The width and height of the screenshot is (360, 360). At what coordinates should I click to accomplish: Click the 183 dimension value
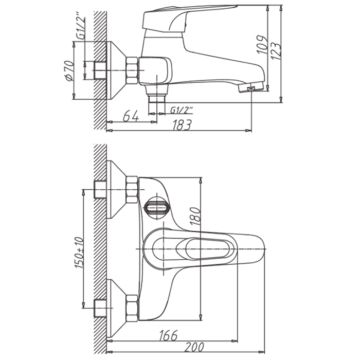tap(182, 125)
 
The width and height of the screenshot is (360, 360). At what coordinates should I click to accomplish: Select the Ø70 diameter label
tap(69, 71)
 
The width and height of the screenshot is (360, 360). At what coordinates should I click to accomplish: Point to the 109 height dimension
tap(262, 45)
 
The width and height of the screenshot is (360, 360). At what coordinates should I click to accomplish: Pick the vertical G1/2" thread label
tap(81, 29)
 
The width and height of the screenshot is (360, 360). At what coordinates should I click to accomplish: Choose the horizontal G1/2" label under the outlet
tap(182, 111)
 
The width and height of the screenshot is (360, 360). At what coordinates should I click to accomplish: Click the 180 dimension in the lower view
tap(195, 216)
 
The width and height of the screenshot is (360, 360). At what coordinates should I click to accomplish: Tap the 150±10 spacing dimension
tap(79, 253)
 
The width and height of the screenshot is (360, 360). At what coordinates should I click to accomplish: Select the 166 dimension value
tap(168, 335)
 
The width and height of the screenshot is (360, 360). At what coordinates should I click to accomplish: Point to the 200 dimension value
tap(194, 347)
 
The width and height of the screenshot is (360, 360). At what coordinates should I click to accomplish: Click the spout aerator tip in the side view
tap(251, 88)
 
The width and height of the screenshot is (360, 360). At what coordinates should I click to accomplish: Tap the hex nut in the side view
tap(132, 70)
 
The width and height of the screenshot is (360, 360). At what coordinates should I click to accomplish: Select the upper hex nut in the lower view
tap(132, 190)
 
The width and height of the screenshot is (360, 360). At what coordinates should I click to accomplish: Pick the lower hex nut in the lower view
tap(132, 308)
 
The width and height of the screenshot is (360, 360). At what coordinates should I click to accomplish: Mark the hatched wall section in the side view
tap(100, 70)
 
